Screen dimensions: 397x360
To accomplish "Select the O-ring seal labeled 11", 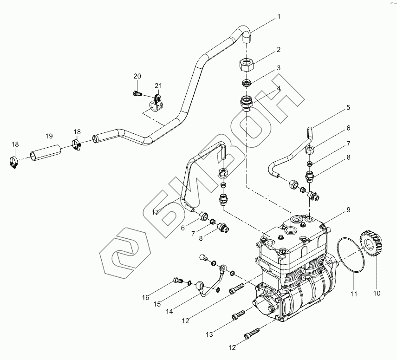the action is pyautogui.click(x=351, y=255).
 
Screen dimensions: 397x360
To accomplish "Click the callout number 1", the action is pyautogui.click(x=279, y=17).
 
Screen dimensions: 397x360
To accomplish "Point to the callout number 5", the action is pyautogui.click(x=348, y=107).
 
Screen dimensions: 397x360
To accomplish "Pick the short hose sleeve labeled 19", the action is pyautogui.click(x=46, y=153).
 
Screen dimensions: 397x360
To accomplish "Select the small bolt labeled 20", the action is pyautogui.click(x=137, y=93).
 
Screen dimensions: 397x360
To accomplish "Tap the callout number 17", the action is pyautogui.click(x=155, y=212).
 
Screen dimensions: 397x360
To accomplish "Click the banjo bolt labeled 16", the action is pyautogui.click(x=178, y=280).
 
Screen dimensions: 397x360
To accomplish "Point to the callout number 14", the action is pyautogui.click(x=169, y=311).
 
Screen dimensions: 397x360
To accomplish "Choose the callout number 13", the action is pyautogui.click(x=209, y=334).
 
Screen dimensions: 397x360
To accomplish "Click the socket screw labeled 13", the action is pyautogui.click(x=238, y=315).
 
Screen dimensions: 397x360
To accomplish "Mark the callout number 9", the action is pyautogui.click(x=348, y=210).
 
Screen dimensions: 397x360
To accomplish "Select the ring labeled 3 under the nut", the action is pyautogui.click(x=247, y=83).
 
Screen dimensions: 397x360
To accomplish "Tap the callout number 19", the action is pyautogui.click(x=49, y=136).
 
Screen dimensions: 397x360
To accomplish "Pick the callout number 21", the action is pyautogui.click(x=158, y=86).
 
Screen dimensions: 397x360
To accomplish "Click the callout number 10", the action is pyautogui.click(x=377, y=294).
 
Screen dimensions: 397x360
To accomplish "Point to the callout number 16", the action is pyautogui.click(x=145, y=297).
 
